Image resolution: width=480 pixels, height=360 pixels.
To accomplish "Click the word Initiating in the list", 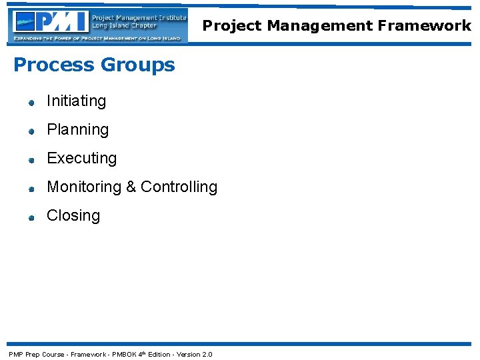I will [x=76, y=101].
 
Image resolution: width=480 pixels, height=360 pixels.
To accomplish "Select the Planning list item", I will [x=77, y=129].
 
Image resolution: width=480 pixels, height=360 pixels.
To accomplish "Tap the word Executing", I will [x=81, y=158].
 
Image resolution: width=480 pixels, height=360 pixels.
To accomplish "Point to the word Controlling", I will [x=179, y=187].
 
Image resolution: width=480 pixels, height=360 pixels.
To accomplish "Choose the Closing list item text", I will [x=73, y=215].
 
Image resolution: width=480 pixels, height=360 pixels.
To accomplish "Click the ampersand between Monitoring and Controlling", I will [x=131, y=187].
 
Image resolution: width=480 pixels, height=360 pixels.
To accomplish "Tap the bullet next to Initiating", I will [x=31, y=103].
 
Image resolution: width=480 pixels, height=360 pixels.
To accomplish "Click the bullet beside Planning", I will [x=31, y=131].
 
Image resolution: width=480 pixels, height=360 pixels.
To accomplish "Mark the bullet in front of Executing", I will [x=31, y=160].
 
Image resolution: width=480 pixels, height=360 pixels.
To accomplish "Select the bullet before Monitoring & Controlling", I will [x=31, y=189].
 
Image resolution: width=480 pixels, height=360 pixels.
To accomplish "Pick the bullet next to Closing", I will [x=31, y=217].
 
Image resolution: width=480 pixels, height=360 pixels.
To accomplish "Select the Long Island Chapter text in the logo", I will [x=124, y=26].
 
